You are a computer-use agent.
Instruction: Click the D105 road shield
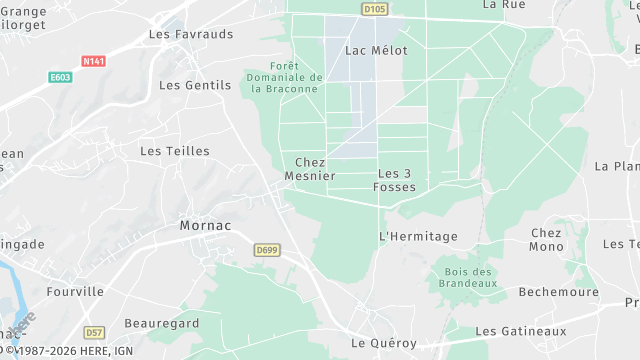tap(374, 9)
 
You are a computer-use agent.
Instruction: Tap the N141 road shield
tap(94, 61)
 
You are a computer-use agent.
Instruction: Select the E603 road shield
tap(60, 76)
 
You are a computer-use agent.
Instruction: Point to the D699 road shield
tap(266, 250)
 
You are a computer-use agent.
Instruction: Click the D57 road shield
tap(94, 332)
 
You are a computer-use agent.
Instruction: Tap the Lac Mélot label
tap(371, 49)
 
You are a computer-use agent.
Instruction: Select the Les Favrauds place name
tap(190, 34)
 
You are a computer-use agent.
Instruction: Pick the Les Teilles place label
tap(175, 151)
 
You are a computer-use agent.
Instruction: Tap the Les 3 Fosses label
tap(394, 179)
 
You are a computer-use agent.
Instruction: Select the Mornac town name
tap(205, 225)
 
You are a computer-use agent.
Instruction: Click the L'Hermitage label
tap(418, 236)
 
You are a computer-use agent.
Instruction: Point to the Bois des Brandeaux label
tap(467, 277)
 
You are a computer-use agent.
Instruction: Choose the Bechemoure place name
tap(558, 292)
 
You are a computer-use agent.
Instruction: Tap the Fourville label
tap(75, 291)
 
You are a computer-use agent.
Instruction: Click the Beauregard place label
tap(162, 323)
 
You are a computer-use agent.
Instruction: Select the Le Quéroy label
tap(384, 342)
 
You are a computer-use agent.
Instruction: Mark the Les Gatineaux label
tap(520, 331)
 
